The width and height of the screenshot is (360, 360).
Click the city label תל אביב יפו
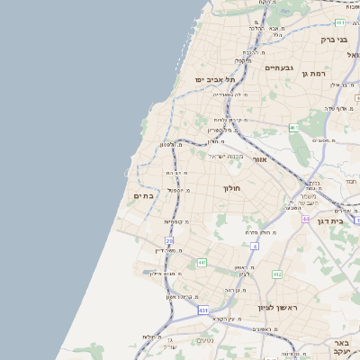coord(214,79)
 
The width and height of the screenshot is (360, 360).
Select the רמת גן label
coord(317,73)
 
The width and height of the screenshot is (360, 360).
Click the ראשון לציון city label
coord(277,308)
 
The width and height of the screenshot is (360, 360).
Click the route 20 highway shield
coord(169,240)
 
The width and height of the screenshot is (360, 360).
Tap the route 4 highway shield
coord(255,245)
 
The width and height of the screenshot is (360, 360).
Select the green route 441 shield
coord(202,263)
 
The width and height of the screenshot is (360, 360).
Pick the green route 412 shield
coord(277,274)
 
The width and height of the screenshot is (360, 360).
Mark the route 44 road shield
coord(306,219)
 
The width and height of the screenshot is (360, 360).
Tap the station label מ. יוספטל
coord(176,190)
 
